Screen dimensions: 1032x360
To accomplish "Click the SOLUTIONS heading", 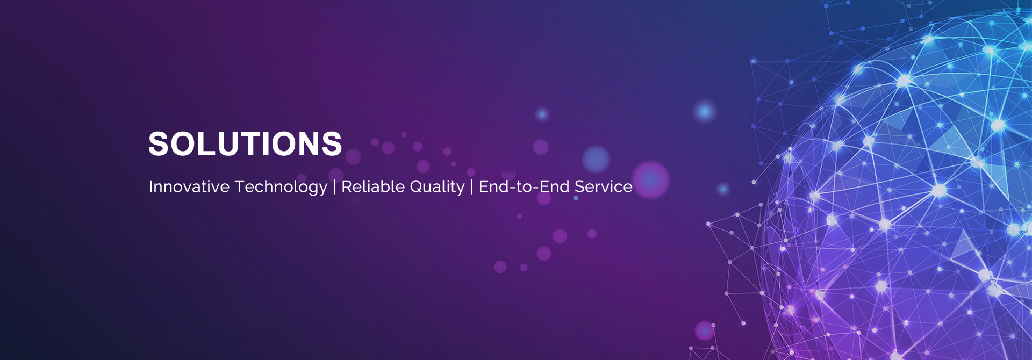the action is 245,144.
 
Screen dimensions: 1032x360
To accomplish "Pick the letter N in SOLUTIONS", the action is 306,144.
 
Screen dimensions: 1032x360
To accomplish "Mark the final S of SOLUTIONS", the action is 331,144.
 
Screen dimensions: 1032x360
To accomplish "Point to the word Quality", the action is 437,188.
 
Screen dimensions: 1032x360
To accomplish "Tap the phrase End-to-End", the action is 524,186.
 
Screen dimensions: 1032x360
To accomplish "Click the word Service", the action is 604,186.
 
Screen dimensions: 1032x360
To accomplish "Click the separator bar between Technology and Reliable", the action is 335,187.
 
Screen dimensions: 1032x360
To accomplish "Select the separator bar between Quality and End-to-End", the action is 472,187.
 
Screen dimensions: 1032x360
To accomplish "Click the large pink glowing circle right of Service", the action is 650,179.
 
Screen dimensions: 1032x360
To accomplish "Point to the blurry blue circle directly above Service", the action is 596,159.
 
